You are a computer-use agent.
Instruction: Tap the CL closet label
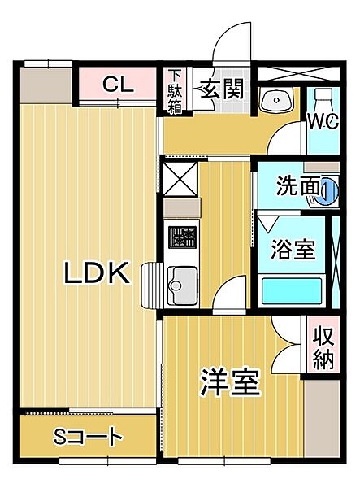coord(119,83)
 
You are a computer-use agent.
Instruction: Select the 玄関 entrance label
coord(223,88)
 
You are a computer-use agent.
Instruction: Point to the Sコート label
coord(88,437)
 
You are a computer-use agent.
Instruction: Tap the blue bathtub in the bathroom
coord(293,290)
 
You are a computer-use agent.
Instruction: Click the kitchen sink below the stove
coord(180,284)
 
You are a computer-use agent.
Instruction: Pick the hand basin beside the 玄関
coord(276,100)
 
